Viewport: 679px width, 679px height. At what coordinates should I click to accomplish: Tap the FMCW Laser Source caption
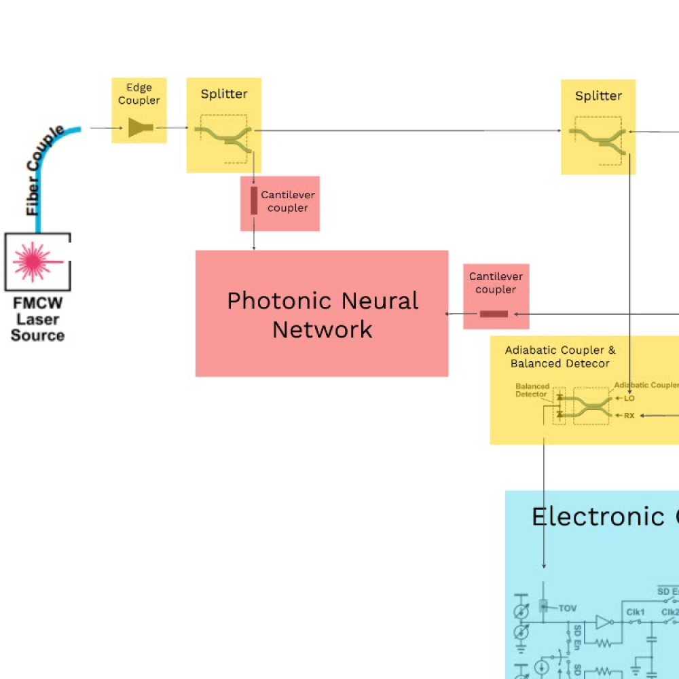click(x=37, y=319)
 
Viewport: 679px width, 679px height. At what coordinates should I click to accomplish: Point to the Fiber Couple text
click(x=45, y=170)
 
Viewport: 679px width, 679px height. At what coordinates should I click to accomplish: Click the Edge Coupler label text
click(x=139, y=94)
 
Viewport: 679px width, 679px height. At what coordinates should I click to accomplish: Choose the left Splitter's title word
click(x=224, y=94)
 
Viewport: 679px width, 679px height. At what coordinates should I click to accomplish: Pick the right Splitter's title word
click(x=598, y=96)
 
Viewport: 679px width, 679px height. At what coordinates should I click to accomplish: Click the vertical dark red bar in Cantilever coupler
click(x=254, y=201)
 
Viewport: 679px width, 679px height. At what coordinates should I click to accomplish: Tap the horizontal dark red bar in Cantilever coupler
click(x=494, y=314)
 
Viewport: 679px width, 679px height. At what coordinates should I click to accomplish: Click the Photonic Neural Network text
click(x=323, y=314)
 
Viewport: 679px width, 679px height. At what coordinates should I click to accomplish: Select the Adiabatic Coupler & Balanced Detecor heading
click(x=560, y=356)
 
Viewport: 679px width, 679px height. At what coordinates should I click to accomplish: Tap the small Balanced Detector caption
click(x=532, y=390)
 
